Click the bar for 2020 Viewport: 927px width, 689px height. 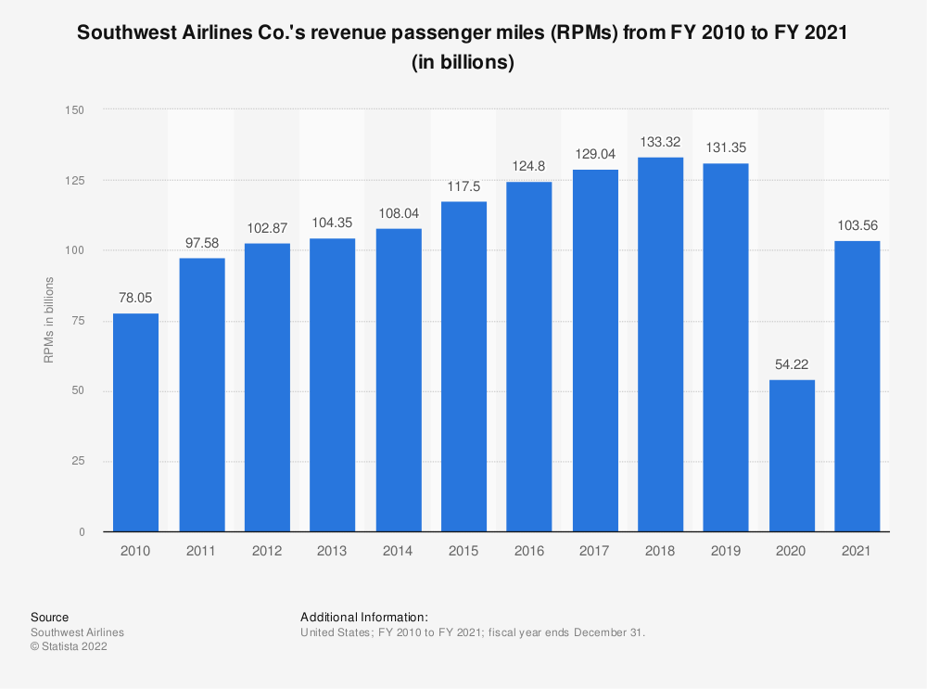[x=792, y=455]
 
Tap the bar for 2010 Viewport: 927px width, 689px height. [x=135, y=422]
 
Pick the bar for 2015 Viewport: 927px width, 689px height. [x=463, y=366]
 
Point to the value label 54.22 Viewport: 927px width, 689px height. [x=792, y=365]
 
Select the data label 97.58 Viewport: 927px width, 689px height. [x=201, y=243]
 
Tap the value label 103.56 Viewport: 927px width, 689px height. [x=857, y=226]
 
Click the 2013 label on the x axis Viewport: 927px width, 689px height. [x=333, y=551]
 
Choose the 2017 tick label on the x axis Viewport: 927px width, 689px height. [x=595, y=551]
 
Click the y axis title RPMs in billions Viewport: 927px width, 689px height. [x=49, y=320]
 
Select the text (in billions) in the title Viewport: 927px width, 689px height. [x=463, y=64]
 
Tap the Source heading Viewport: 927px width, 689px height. [x=49, y=617]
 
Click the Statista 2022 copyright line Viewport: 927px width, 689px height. [x=69, y=647]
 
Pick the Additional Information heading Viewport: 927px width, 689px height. [x=363, y=617]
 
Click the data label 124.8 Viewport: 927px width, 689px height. [x=529, y=167]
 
